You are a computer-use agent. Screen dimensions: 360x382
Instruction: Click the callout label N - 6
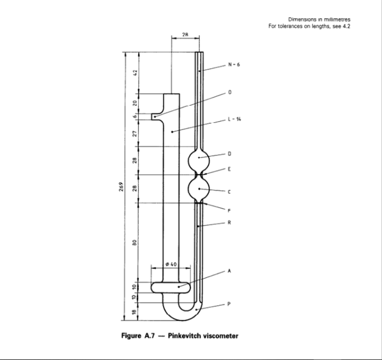coord(233,65)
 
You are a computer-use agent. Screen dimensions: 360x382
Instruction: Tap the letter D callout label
coord(229,154)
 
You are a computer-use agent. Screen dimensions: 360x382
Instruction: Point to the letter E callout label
coord(229,169)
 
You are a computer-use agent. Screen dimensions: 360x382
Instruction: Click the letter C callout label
coord(229,191)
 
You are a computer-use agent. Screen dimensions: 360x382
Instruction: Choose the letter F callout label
coord(229,210)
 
